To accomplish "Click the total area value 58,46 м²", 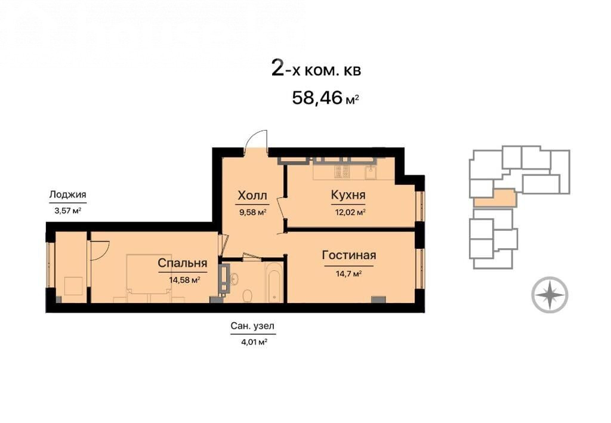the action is tap(325, 98).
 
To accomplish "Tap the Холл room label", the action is tap(252, 195).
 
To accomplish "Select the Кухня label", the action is tap(348, 194).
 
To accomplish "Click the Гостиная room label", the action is tap(349, 255).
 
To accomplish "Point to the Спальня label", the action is tap(183, 263).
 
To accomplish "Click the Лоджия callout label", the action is tap(68, 194).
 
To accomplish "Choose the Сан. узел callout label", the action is tap(252, 326).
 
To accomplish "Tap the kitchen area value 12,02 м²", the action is tap(350, 212).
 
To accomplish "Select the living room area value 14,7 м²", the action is tap(348, 274).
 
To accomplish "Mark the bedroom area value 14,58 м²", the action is tap(185, 280).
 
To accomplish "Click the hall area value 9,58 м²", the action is tap(253, 212).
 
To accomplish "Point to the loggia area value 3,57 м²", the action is tap(68, 211).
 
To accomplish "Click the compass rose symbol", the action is tap(550, 295).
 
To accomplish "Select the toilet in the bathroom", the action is tap(248, 296).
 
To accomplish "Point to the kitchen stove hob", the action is tap(342, 171).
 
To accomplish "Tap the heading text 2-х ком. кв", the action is tap(316, 70).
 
